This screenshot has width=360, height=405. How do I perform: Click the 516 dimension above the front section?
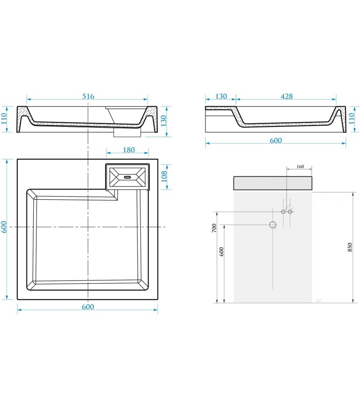click(x=88, y=96)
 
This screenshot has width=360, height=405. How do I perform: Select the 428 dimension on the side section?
click(x=287, y=96)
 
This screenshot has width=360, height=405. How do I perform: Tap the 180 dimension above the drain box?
click(x=129, y=150)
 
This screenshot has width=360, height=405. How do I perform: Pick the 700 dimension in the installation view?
click(x=214, y=228)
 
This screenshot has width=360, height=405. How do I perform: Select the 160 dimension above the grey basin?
click(x=300, y=166)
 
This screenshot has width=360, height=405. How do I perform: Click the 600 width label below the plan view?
click(x=88, y=307)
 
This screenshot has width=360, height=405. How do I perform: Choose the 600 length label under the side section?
click(x=276, y=140)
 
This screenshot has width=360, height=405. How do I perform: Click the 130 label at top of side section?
click(x=221, y=96)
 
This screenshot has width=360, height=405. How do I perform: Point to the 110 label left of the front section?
click(x=4, y=119)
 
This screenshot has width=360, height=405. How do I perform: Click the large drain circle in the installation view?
click(x=273, y=225)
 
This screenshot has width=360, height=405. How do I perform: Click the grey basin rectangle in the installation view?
click(x=273, y=183)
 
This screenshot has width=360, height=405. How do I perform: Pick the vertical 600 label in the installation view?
click(x=221, y=252)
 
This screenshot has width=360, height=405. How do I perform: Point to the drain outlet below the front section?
click(x=127, y=133)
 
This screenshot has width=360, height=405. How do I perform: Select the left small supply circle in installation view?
click(x=283, y=211)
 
